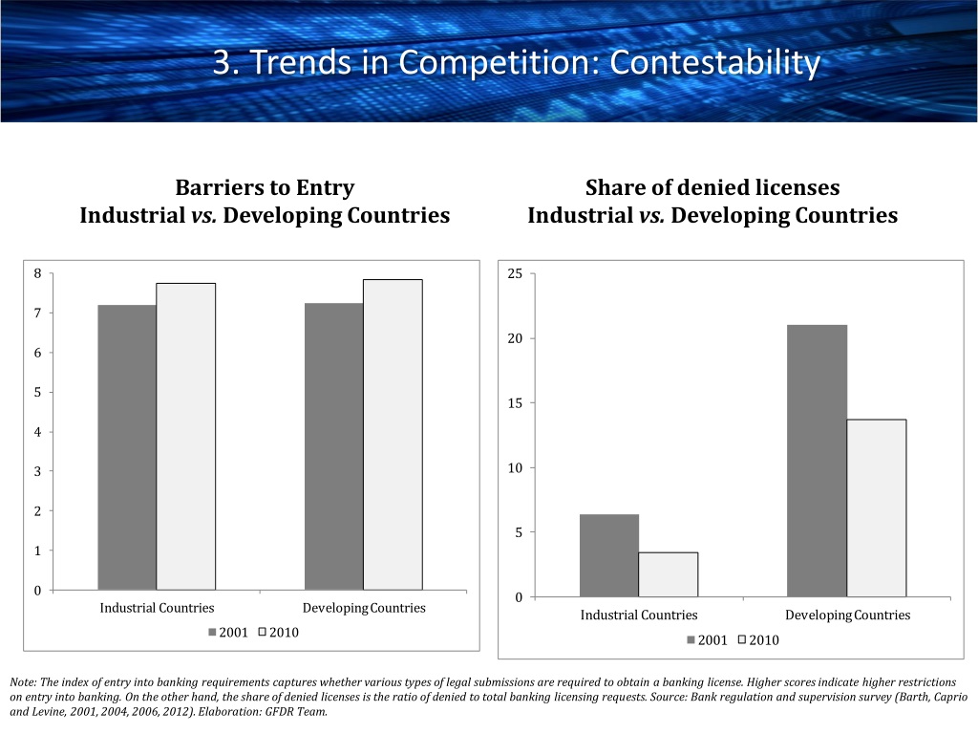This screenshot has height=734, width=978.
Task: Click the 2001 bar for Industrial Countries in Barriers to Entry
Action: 127,447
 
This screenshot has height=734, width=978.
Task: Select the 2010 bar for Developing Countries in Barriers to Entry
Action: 393,435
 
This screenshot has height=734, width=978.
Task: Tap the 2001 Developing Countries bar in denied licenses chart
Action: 818,461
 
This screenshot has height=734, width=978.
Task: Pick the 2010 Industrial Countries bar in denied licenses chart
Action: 669,574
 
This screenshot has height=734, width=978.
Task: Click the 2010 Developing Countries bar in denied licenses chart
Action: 877,508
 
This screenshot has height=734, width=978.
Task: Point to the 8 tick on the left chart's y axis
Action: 37,273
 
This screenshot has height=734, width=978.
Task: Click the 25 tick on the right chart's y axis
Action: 515,273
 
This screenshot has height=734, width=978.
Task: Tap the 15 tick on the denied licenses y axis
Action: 515,403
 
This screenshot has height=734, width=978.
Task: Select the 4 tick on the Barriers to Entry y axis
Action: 37,432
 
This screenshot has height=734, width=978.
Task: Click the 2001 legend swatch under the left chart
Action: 212,633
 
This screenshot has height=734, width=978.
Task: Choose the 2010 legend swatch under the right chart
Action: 742,639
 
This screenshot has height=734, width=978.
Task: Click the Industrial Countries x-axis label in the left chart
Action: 157,608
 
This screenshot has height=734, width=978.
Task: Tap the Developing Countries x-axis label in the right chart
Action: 848,615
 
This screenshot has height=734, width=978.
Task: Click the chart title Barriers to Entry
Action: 266,187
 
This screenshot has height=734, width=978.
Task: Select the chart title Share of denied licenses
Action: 712,187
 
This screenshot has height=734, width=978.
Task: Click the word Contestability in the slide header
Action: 714,62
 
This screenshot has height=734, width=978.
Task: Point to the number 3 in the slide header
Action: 222,62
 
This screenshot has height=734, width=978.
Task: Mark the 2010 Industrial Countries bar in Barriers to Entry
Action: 186,436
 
